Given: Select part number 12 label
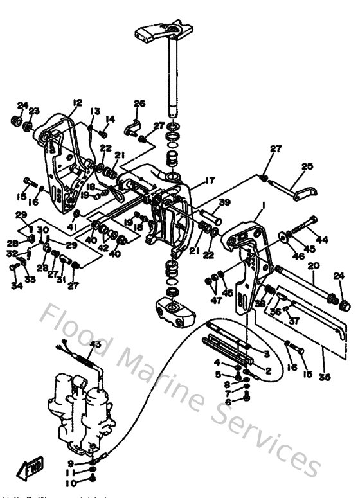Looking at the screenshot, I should [77, 102].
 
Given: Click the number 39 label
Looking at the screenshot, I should [223, 203].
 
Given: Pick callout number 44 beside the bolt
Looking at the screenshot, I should [322, 240].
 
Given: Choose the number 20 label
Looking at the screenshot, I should [314, 265].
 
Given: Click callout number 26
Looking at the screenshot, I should [139, 103].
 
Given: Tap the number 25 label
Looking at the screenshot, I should [307, 166].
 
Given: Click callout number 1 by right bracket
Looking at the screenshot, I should [263, 206].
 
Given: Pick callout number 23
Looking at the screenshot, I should [35, 111].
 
